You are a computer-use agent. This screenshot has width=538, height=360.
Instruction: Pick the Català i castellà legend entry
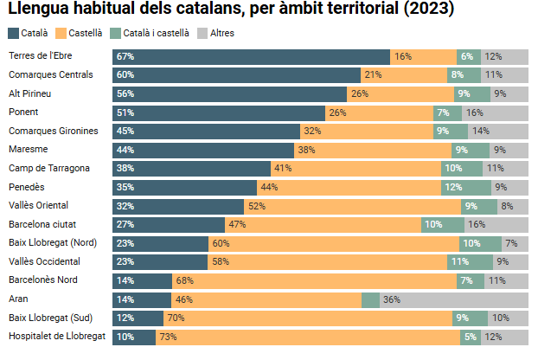point(150,33)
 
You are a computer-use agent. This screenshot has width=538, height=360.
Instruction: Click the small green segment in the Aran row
point(370,299)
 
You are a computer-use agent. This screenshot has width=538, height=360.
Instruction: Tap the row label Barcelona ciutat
point(42,224)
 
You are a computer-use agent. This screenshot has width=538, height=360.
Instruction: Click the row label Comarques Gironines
point(54,131)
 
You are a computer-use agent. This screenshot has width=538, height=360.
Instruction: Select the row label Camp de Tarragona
point(49,168)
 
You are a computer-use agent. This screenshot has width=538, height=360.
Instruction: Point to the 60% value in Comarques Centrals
point(125,75)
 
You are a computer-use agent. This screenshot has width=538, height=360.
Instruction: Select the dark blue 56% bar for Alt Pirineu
point(229,93)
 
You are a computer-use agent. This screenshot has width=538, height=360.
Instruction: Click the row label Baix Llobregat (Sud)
point(50,318)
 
